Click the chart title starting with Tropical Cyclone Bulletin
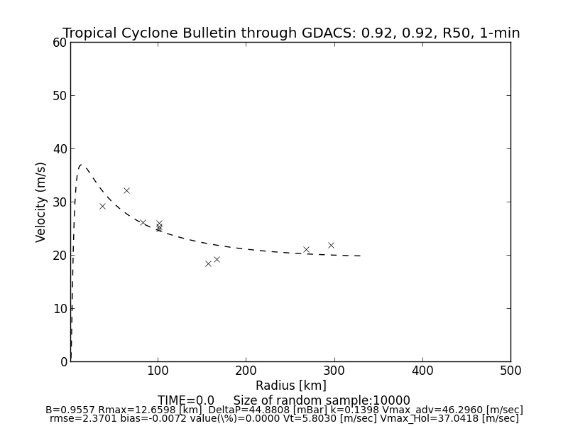tap(291, 33)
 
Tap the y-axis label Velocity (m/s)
tap(41, 202)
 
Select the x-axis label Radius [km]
tap(291, 386)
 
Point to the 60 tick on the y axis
tap(59, 43)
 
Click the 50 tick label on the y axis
tap(59, 96)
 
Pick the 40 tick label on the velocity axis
tap(59, 149)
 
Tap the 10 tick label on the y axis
tap(59, 308)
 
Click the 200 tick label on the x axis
tap(246, 371)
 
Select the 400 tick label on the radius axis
tap(422, 371)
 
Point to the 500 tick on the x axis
tap(510, 371)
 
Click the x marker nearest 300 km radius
tap(331, 245)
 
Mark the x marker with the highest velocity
tap(126, 190)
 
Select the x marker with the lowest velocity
tap(208, 263)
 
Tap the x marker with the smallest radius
tap(102, 206)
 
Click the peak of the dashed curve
tap(82, 165)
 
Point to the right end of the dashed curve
tap(361, 256)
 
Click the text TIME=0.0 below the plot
tap(186, 400)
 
